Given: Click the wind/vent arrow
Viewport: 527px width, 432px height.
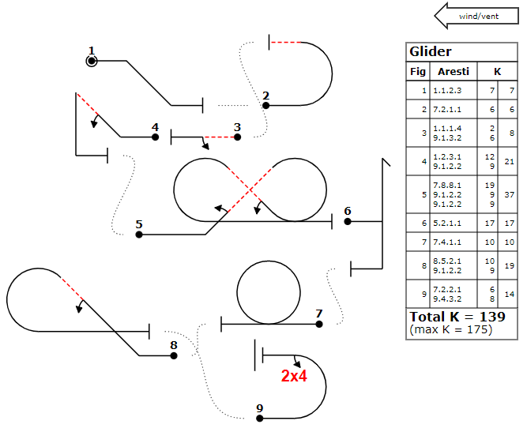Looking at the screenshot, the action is click(x=476, y=16).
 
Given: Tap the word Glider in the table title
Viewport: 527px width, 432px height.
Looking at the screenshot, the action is click(x=430, y=52).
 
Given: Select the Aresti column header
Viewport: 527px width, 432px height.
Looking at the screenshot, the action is click(x=453, y=72).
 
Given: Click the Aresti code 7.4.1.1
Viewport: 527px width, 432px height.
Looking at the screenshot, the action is click(x=447, y=242).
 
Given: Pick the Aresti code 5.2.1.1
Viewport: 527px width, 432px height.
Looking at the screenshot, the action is click(x=447, y=224).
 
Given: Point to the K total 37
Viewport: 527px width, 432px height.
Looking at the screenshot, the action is click(x=509, y=195).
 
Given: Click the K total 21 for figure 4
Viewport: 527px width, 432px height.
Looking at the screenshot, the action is click(x=509, y=162).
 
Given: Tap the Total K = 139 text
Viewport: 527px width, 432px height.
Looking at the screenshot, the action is click(x=457, y=317).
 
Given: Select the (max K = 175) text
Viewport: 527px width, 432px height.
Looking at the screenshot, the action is click(x=450, y=329).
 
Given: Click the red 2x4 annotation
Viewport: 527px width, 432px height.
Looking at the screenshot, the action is click(x=294, y=376).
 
